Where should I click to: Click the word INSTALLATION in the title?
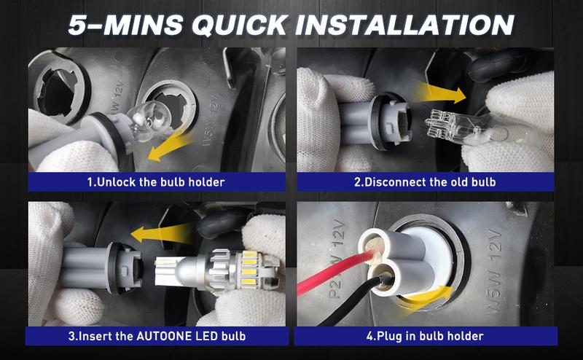point(404,25)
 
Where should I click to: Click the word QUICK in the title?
point(239,26)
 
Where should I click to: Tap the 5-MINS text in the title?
point(125,25)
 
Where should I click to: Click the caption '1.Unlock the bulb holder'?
point(156,182)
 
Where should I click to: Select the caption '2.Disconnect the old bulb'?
point(425,182)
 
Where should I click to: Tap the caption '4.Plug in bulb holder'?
point(425,336)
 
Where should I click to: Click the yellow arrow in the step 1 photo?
point(171,148)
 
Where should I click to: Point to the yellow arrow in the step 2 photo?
point(441,93)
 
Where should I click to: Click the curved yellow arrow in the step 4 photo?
point(428,297)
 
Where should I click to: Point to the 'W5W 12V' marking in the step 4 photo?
point(497,272)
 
